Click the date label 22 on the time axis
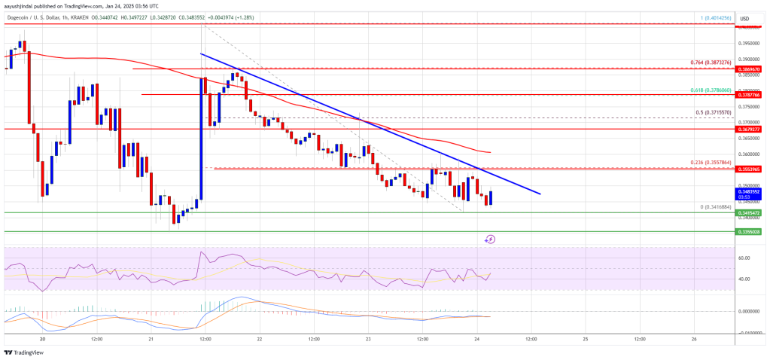(x=259, y=339)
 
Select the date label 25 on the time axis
(x=585, y=339)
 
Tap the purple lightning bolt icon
(x=490, y=239)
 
